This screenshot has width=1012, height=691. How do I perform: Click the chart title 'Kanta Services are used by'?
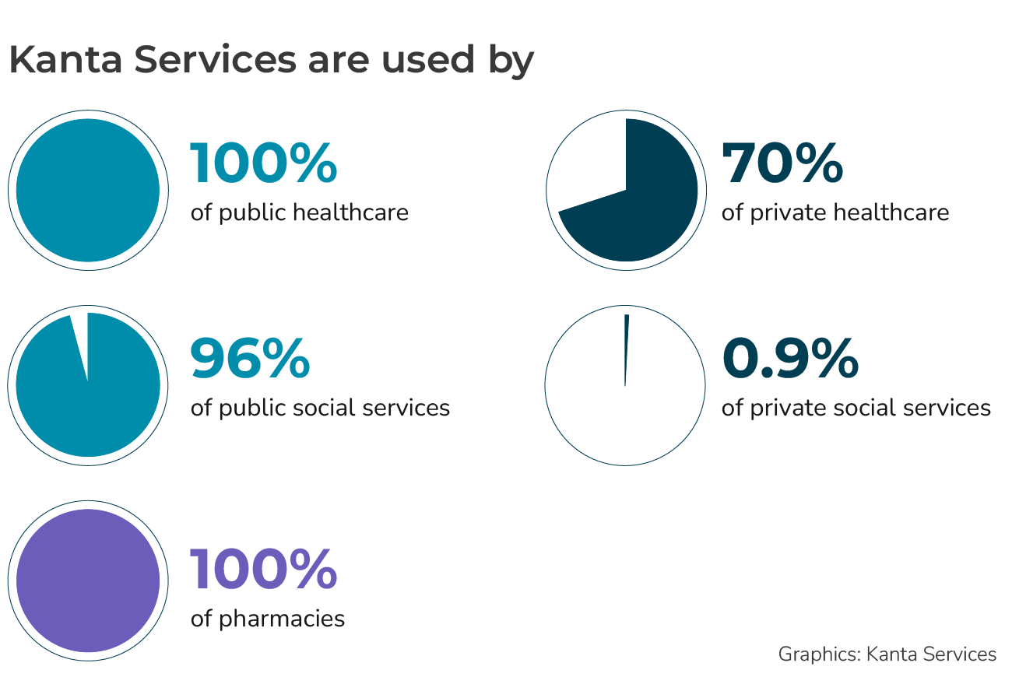click(271, 60)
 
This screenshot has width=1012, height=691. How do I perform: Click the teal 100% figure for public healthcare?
click(264, 164)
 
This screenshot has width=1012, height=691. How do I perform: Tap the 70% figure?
click(782, 164)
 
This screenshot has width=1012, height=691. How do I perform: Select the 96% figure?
click(250, 359)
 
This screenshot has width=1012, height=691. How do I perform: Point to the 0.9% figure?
click(790, 359)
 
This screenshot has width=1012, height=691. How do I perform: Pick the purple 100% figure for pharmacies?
click(264, 569)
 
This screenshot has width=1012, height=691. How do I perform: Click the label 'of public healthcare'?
click(300, 212)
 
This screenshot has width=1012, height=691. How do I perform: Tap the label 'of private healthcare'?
click(835, 212)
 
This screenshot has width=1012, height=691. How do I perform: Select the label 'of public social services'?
click(320, 407)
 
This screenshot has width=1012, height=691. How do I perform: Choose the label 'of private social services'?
click(856, 407)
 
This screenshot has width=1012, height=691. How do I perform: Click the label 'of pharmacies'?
click(268, 619)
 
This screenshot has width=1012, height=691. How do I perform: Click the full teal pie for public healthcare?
click(88, 190)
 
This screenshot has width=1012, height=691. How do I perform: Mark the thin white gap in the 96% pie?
click(79, 335)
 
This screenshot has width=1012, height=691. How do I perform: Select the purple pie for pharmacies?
click(88, 581)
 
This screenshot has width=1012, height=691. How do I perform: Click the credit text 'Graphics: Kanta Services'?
click(887, 654)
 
